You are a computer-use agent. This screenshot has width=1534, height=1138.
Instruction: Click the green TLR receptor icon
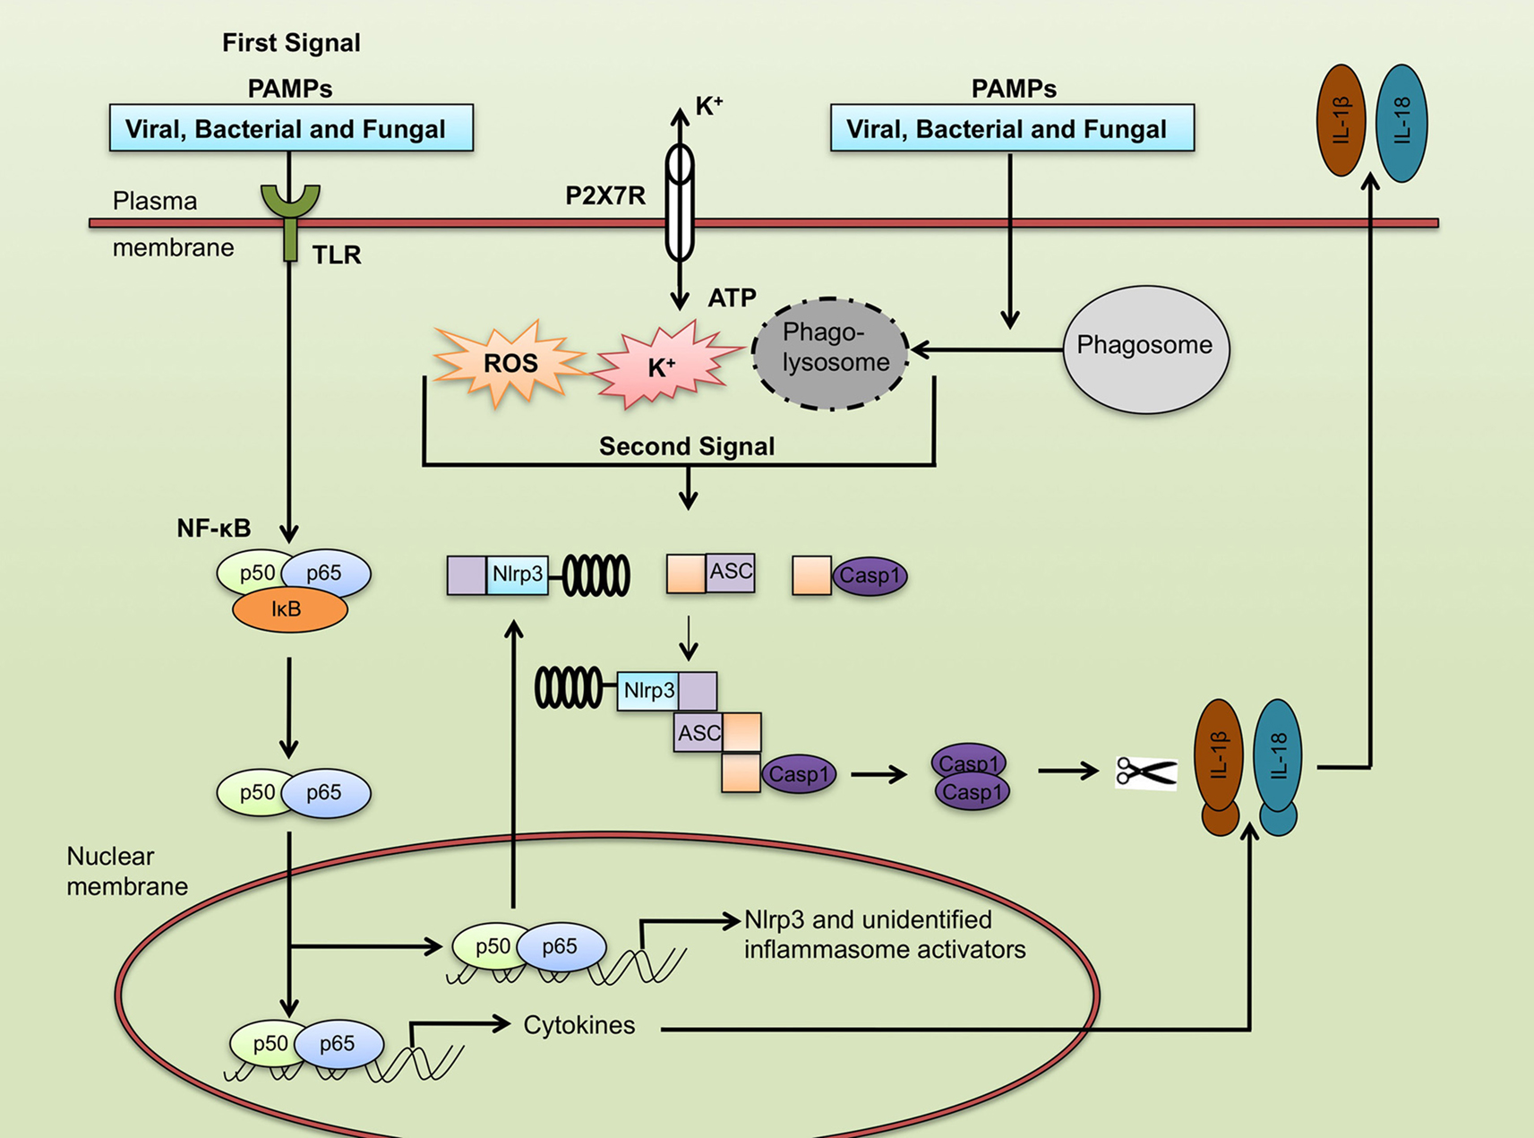(x=289, y=216)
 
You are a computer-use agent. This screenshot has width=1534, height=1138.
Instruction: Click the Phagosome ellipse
(x=1145, y=348)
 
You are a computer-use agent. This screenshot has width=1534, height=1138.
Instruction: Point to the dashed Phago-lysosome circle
(x=831, y=353)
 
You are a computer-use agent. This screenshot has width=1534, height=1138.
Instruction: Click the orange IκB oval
(x=288, y=610)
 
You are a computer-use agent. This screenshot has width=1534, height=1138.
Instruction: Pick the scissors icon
(x=1145, y=772)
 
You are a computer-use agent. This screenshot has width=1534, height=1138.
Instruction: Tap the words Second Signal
(x=686, y=446)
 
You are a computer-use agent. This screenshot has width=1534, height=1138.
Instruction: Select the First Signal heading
(x=291, y=43)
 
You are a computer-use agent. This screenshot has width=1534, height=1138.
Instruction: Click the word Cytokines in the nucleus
(x=578, y=1025)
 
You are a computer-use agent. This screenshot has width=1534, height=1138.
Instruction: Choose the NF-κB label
(x=213, y=529)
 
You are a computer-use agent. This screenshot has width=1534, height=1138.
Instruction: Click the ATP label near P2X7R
(x=732, y=297)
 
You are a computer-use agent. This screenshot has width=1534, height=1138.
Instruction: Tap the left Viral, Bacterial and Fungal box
(x=291, y=129)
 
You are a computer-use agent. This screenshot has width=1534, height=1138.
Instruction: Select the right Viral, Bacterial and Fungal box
(x=1012, y=129)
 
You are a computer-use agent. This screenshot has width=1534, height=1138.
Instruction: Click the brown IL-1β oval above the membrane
(x=1341, y=121)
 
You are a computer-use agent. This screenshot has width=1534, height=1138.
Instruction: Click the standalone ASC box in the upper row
(x=730, y=573)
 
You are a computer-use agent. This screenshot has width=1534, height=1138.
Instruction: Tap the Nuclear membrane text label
(x=126, y=871)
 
